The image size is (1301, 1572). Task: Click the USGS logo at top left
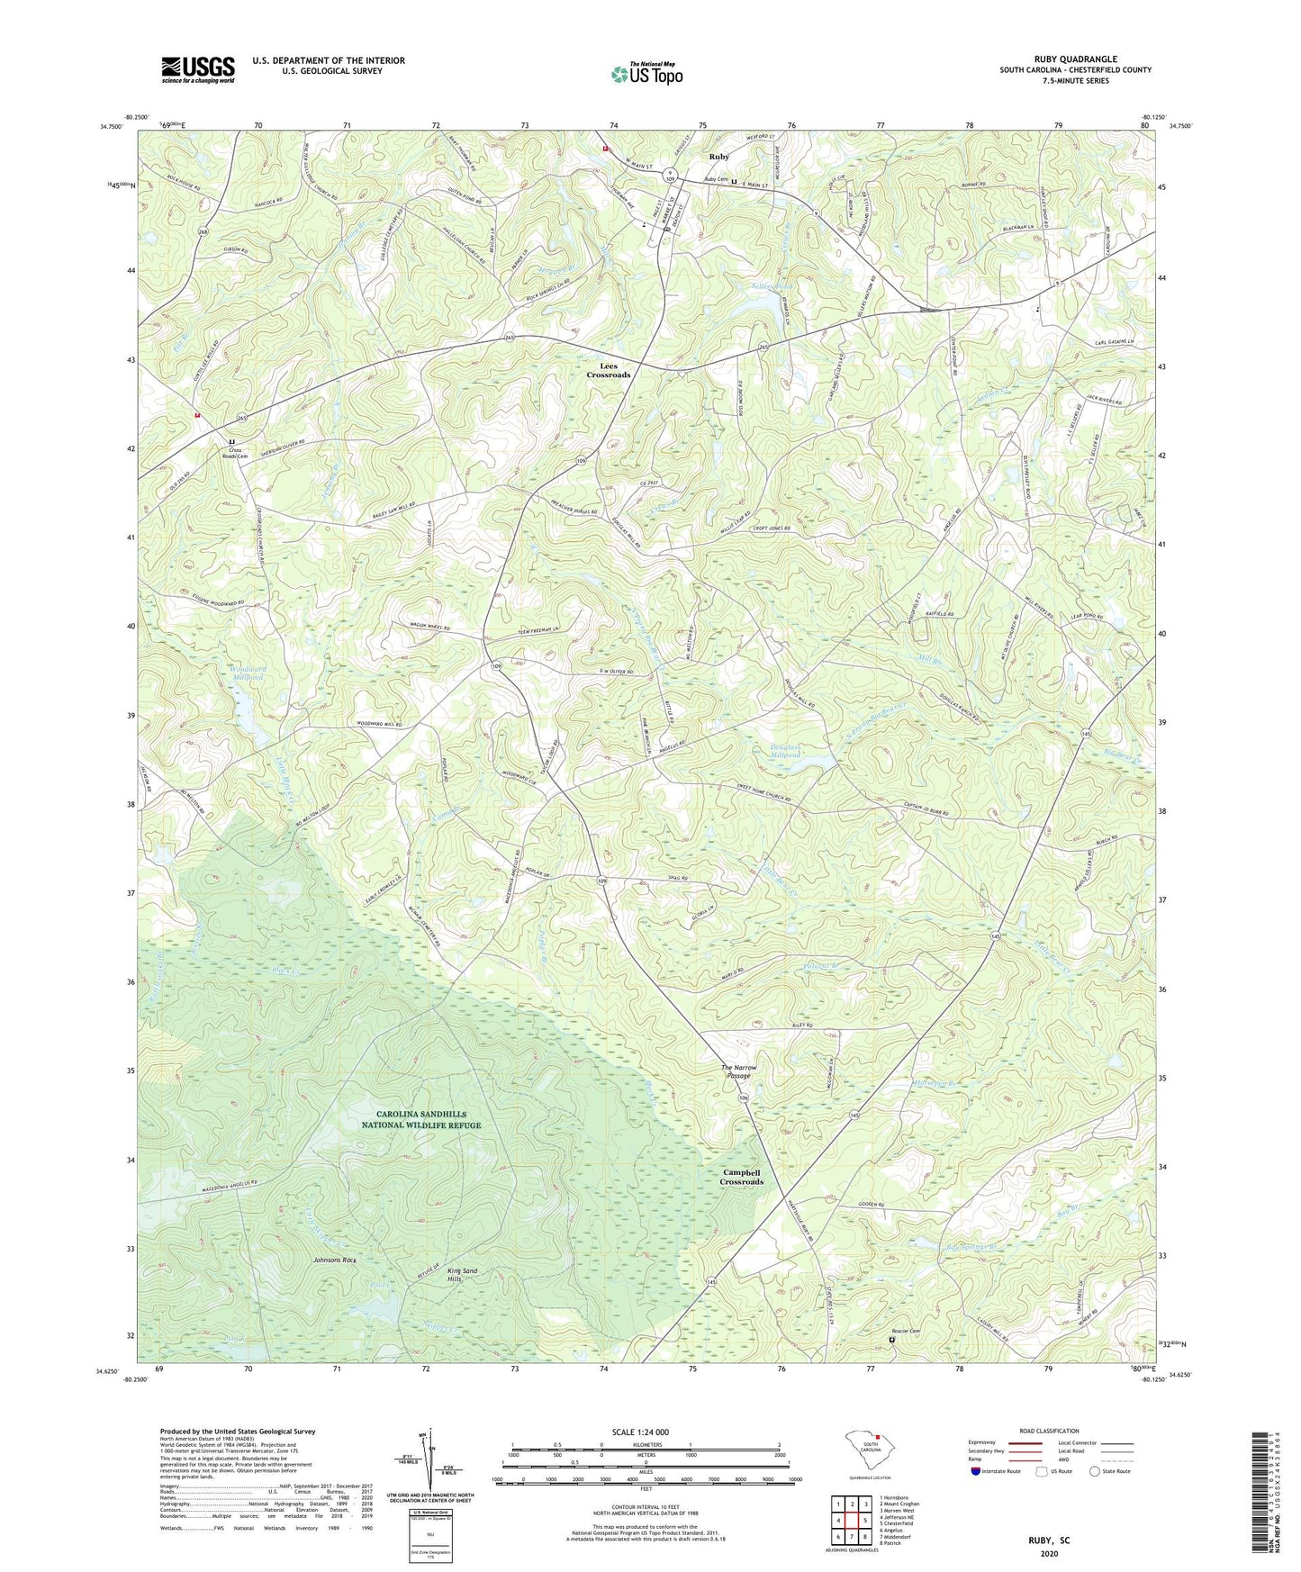coord(198,69)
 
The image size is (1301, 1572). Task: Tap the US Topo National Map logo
coord(646,74)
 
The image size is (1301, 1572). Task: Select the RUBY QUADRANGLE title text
coord(1075,59)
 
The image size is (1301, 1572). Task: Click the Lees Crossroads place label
coord(609,370)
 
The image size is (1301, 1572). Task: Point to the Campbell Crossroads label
coord(742,1177)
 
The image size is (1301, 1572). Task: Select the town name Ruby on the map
coord(718,157)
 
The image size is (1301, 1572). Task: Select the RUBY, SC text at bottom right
coord(1049,1540)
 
